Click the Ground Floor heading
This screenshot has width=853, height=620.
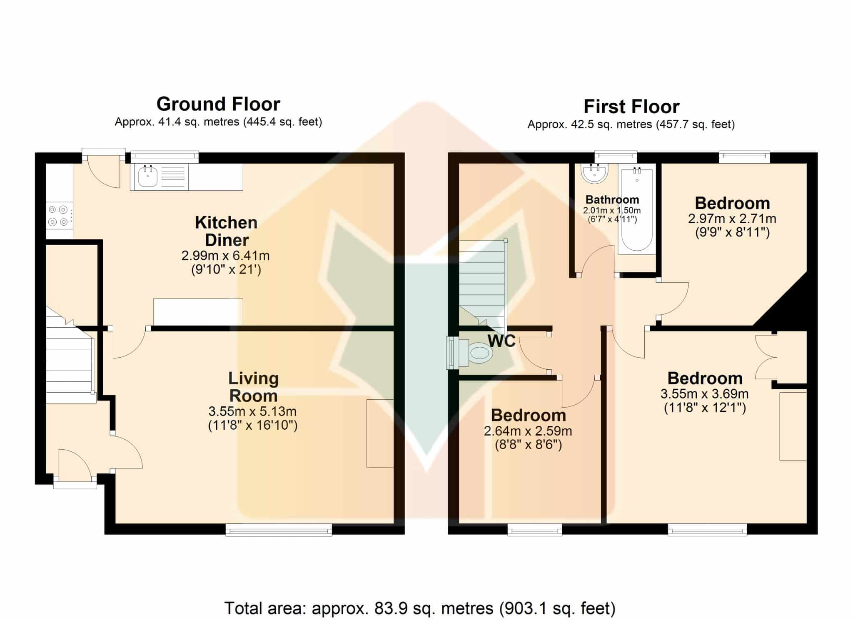click(218, 104)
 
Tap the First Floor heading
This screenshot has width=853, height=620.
click(631, 107)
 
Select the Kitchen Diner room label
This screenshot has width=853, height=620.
click(227, 231)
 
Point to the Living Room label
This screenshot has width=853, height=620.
click(253, 387)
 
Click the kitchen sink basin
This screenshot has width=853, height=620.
click(148, 177)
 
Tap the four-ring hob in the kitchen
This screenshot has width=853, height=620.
click(58, 216)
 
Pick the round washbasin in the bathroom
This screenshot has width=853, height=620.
click(595, 173)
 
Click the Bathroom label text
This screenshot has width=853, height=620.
click(612, 199)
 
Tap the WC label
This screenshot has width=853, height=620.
click(501, 341)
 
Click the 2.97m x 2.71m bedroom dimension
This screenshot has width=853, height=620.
click(732, 219)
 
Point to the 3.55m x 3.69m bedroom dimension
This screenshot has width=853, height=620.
click(704, 394)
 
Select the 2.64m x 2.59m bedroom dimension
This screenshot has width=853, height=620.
click(528, 431)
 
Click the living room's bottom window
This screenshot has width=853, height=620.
click(279, 530)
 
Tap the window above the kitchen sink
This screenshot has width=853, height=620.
click(165, 157)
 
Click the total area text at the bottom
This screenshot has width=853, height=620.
click(420, 608)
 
